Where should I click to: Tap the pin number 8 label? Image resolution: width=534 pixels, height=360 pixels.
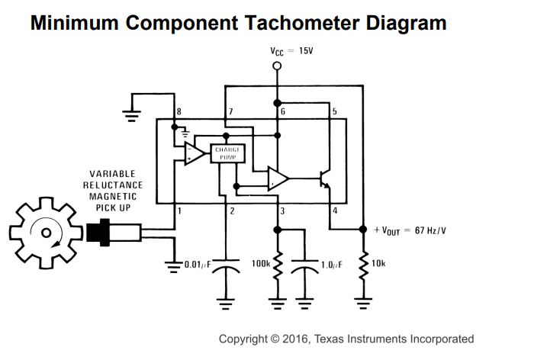pos(179,112)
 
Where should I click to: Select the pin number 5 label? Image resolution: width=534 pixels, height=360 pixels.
pos(334,112)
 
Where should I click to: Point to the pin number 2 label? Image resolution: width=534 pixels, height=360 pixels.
pos(232,211)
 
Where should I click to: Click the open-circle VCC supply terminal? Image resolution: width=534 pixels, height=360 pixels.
pos(277,66)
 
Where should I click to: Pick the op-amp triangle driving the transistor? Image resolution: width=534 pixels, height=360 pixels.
pos(278,179)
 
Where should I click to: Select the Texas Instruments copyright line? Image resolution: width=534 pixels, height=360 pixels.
pos(346,339)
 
